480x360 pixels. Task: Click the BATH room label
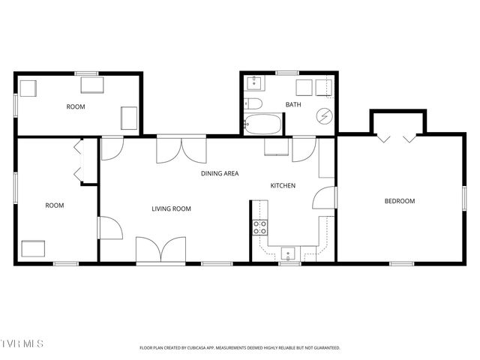pyautogui.click(x=292, y=105)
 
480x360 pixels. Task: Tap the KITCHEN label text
pyautogui.click(x=283, y=185)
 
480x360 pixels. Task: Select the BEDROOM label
pyautogui.click(x=399, y=201)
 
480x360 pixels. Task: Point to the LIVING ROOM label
pyautogui.click(x=171, y=209)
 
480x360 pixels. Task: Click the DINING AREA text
pyautogui.click(x=220, y=173)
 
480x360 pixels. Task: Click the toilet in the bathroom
pyautogui.click(x=253, y=103)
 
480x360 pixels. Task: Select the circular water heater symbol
pyautogui.click(x=324, y=116)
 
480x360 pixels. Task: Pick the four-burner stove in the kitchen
pyautogui.click(x=260, y=227)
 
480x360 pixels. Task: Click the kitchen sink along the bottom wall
pyautogui.click(x=289, y=253)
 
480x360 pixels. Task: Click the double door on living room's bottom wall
pyautogui.click(x=160, y=250)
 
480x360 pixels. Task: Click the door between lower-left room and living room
pyautogui.click(x=109, y=228)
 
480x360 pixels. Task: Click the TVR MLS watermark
pyautogui.click(x=22, y=343)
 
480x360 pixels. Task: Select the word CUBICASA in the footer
pyautogui.click(x=225, y=348)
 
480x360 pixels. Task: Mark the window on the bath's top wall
pyautogui.click(x=287, y=73)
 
